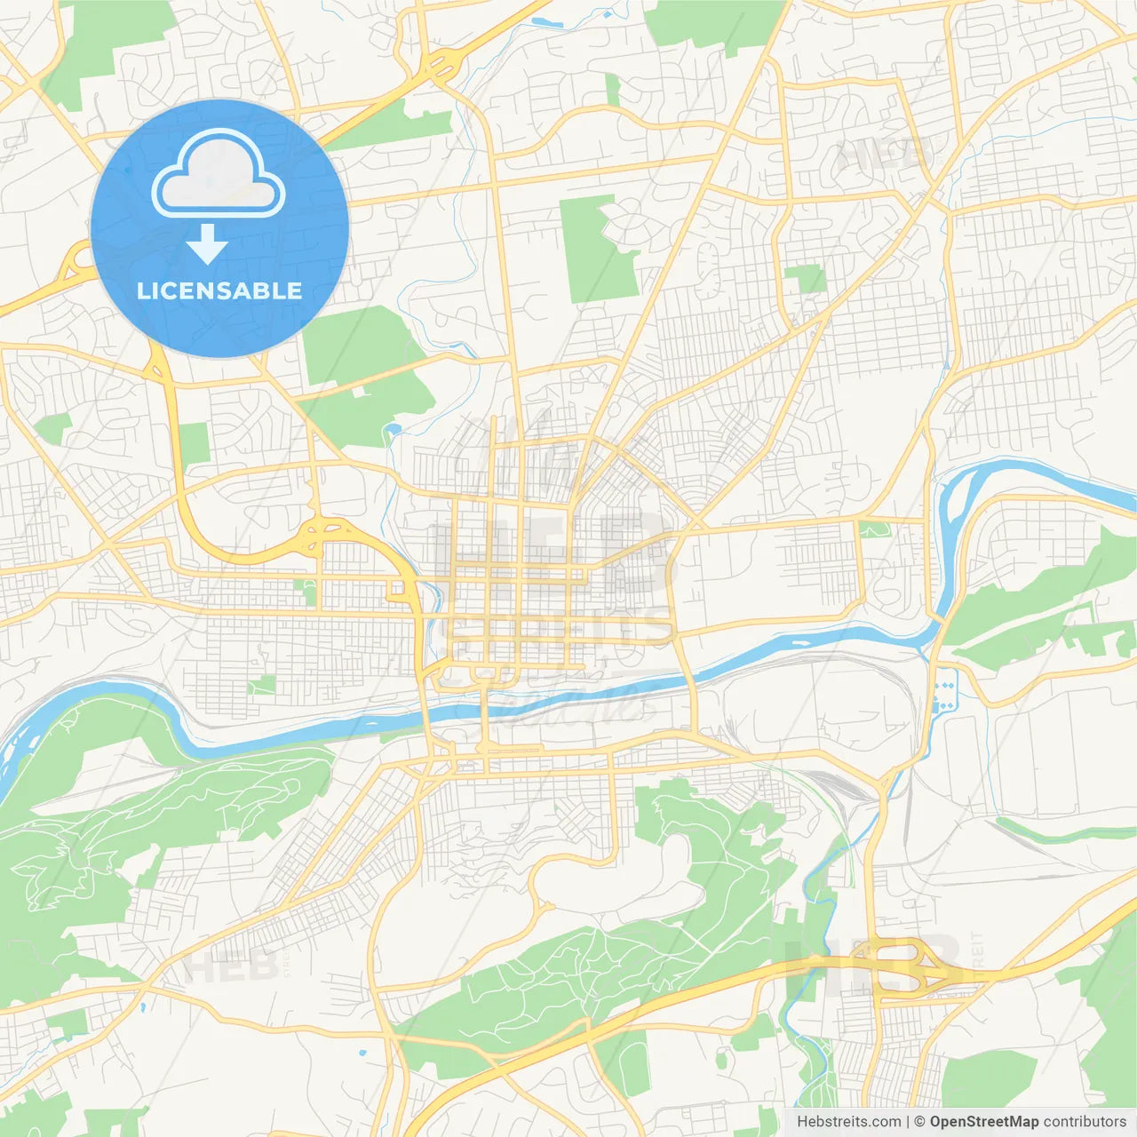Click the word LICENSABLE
point(219,290)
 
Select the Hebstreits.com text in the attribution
point(848,1122)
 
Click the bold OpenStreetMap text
point(983,1122)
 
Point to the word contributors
point(1085,1122)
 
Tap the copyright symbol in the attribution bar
point(919,1122)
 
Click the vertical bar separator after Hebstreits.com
point(908,1122)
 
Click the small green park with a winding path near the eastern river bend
point(874,529)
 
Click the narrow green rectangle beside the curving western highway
point(194,443)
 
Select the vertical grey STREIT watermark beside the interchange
point(977,951)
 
